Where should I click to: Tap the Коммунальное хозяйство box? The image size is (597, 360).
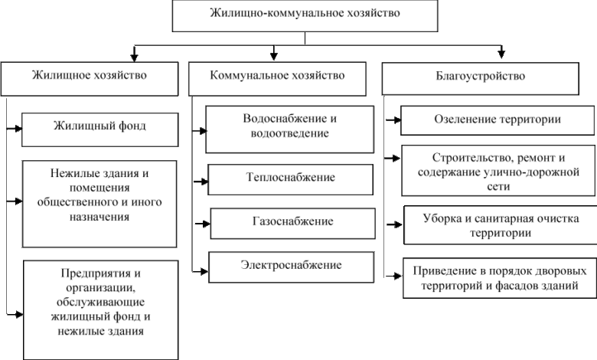coord(277,77)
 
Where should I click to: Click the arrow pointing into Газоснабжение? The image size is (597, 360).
coord(202,224)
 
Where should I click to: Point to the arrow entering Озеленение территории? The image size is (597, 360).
coord(392,119)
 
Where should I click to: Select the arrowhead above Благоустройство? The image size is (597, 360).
coord(501,54)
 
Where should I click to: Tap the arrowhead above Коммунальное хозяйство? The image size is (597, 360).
coord(273,54)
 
